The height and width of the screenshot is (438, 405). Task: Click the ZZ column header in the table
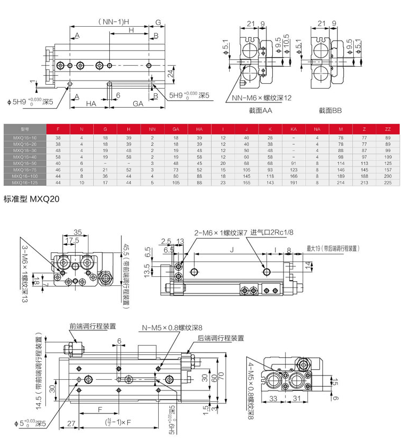(388, 129)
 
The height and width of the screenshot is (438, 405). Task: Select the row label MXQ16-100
(25, 176)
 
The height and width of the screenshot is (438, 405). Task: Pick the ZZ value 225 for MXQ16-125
(388, 182)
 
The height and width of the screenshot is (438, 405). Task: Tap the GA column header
(176, 129)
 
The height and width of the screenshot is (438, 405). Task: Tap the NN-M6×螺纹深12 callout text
(262, 98)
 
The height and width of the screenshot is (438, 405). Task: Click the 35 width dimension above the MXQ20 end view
(78, 233)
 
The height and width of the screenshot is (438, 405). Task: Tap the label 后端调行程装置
(221, 338)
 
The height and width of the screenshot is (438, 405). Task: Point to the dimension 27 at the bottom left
(70, 424)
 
